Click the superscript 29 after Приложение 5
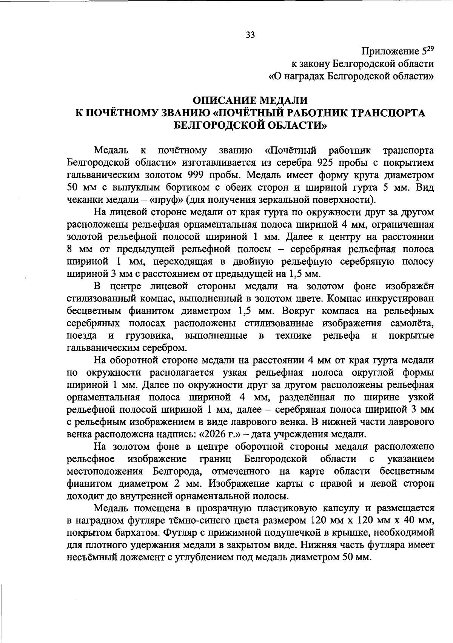pyautogui.click(x=430, y=48)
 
